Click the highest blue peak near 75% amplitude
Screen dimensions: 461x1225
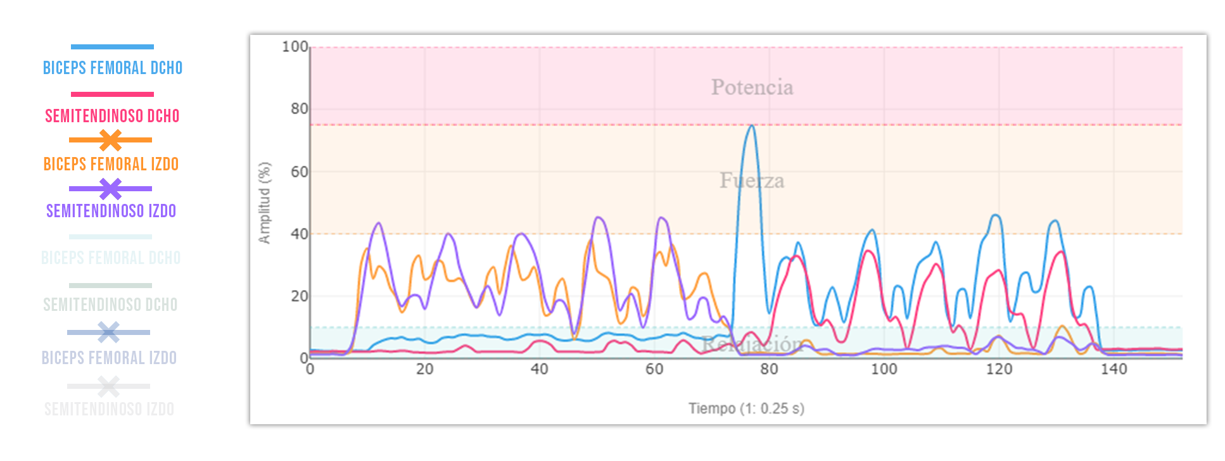click(x=751, y=126)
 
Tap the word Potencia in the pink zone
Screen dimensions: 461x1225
click(x=752, y=87)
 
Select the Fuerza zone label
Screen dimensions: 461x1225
click(x=752, y=181)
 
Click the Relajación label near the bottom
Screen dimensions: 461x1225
click(x=752, y=344)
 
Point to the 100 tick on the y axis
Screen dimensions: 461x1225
click(x=295, y=47)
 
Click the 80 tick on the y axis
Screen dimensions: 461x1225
click(x=299, y=109)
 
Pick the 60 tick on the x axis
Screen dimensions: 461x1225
click(x=654, y=369)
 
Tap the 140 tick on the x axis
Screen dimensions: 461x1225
click(x=1114, y=369)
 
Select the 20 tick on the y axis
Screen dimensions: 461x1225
click(x=299, y=296)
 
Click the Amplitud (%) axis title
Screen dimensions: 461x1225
click(x=265, y=203)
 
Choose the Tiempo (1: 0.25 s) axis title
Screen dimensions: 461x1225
click(x=746, y=408)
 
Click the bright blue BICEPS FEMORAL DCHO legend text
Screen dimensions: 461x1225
click(x=113, y=68)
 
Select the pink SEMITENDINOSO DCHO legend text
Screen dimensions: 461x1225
click(x=112, y=116)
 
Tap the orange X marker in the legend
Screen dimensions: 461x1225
click(x=110, y=140)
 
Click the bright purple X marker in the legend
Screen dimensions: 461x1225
click(x=110, y=189)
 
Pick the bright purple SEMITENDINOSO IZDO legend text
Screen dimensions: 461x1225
click(x=111, y=211)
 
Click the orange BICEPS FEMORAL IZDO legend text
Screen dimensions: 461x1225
click(x=111, y=164)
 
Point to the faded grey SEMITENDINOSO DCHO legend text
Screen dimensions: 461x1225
click(x=110, y=305)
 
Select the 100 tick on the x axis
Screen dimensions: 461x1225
click(x=884, y=369)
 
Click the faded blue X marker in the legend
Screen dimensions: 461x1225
click(x=108, y=332)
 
